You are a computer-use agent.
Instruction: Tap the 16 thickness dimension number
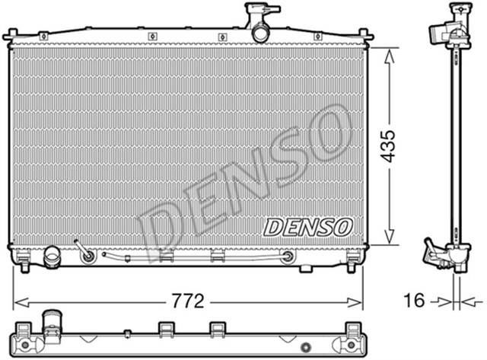[x=413, y=301]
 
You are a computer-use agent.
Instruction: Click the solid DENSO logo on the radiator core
[x=307, y=227]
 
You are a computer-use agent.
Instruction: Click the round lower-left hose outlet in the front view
[x=52, y=256]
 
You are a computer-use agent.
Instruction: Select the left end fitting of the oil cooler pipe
[x=88, y=255]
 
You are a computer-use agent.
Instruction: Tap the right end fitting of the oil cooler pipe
[x=288, y=256]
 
